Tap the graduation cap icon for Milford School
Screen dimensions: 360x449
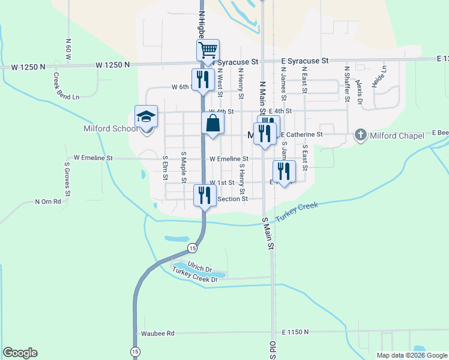(146, 116)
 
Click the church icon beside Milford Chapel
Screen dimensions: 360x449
(360, 134)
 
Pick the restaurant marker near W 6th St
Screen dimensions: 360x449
(203, 79)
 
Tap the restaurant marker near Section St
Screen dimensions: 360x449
(204, 195)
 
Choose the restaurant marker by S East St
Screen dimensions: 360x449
(284, 171)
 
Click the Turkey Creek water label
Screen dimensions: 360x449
(296, 212)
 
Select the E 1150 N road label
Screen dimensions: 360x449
(295, 331)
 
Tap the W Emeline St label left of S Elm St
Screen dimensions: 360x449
(93, 158)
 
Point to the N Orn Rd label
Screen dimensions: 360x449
(49, 202)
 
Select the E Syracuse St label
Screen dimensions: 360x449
(305, 61)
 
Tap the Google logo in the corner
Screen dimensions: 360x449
(20, 353)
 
